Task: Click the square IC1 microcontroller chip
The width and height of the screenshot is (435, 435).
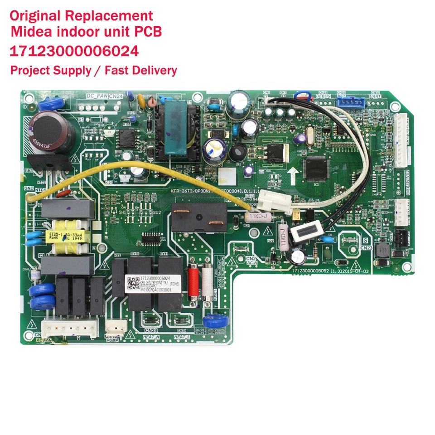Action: (316, 168)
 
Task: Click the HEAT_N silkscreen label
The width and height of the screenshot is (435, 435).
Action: (151, 337)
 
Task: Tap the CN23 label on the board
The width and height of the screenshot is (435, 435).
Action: (366, 248)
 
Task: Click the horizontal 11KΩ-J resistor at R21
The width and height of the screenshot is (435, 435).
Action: (257, 217)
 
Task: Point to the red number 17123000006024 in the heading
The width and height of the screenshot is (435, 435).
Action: (74, 51)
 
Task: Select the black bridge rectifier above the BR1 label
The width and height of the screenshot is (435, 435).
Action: (49, 163)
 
